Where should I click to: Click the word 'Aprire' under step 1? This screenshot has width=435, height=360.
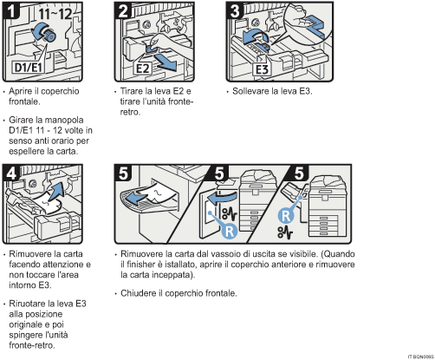(23, 91)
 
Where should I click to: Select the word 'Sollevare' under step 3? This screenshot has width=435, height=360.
(246, 91)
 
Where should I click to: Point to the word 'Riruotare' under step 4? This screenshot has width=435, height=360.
(29, 303)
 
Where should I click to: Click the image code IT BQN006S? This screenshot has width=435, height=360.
(417, 355)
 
